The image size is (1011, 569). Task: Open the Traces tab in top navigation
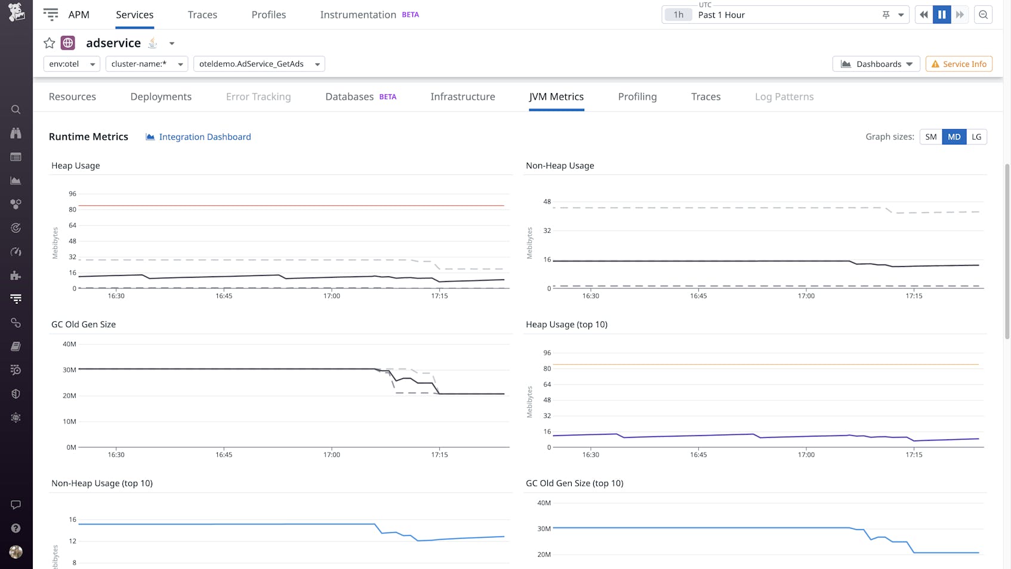click(202, 15)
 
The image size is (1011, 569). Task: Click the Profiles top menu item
click(269, 15)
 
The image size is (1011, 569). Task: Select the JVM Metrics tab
click(556, 97)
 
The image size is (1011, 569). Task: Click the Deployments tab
click(161, 97)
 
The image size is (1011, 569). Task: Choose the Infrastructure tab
click(463, 97)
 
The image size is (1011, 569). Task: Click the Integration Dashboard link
click(204, 137)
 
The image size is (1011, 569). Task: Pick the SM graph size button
click(930, 137)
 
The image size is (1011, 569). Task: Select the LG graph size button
click(976, 137)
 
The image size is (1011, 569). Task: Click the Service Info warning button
click(958, 64)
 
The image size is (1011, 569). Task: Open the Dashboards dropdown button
click(876, 64)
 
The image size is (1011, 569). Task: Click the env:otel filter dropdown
click(72, 64)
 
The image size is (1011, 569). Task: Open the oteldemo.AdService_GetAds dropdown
click(259, 64)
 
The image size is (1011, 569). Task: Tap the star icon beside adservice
click(50, 43)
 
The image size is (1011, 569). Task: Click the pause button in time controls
click(942, 15)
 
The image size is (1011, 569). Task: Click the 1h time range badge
click(679, 15)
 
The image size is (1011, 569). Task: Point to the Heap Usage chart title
click(76, 166)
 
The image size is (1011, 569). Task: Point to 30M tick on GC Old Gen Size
click(70, 370)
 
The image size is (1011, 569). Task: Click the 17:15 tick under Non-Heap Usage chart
click(914, 296)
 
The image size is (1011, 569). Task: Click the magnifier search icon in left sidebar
click(16, 109)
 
